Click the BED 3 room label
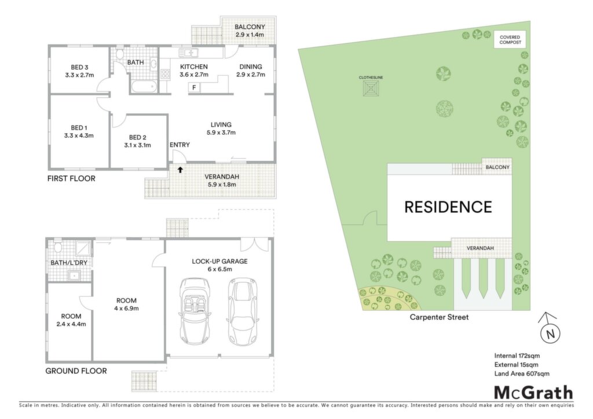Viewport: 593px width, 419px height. click(79, 71)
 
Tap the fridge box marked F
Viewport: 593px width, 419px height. click(194, 87)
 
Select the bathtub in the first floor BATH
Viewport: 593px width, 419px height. click(144, 87)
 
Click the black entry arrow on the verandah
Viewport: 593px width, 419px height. click(181, 170)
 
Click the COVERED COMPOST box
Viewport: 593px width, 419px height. click(510, 40)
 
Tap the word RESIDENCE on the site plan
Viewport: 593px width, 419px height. click(448, 207)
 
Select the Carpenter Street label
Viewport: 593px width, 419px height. click(439, 317)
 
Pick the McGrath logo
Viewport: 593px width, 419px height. click(533, 393)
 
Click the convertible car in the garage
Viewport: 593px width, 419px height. click(195, 312)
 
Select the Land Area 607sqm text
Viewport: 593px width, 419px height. click(522, 374)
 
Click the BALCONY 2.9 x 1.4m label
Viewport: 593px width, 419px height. click(250, 31)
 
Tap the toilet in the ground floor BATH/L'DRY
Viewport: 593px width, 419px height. click(57, 248)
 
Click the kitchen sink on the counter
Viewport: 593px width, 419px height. click(189, 53)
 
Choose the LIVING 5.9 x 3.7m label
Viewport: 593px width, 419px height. click(221, 128)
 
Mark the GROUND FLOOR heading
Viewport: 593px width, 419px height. click(76, 371)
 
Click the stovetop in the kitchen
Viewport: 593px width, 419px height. click(165, 73)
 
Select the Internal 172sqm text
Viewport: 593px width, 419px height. click(517, 355)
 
